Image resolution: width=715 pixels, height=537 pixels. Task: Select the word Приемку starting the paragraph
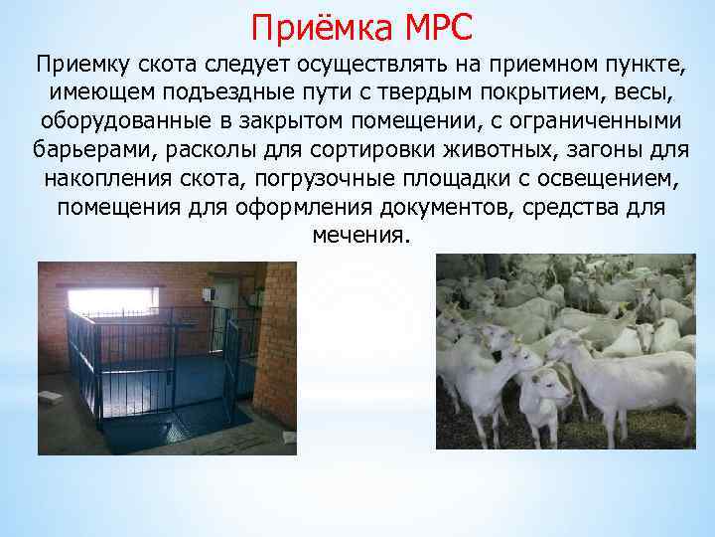tap(77, 66)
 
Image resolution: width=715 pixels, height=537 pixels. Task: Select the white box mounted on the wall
tap(209, 294)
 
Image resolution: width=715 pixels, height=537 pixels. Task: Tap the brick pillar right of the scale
tap(275, 348)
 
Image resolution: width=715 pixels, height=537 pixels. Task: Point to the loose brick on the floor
tap(52, 399)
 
